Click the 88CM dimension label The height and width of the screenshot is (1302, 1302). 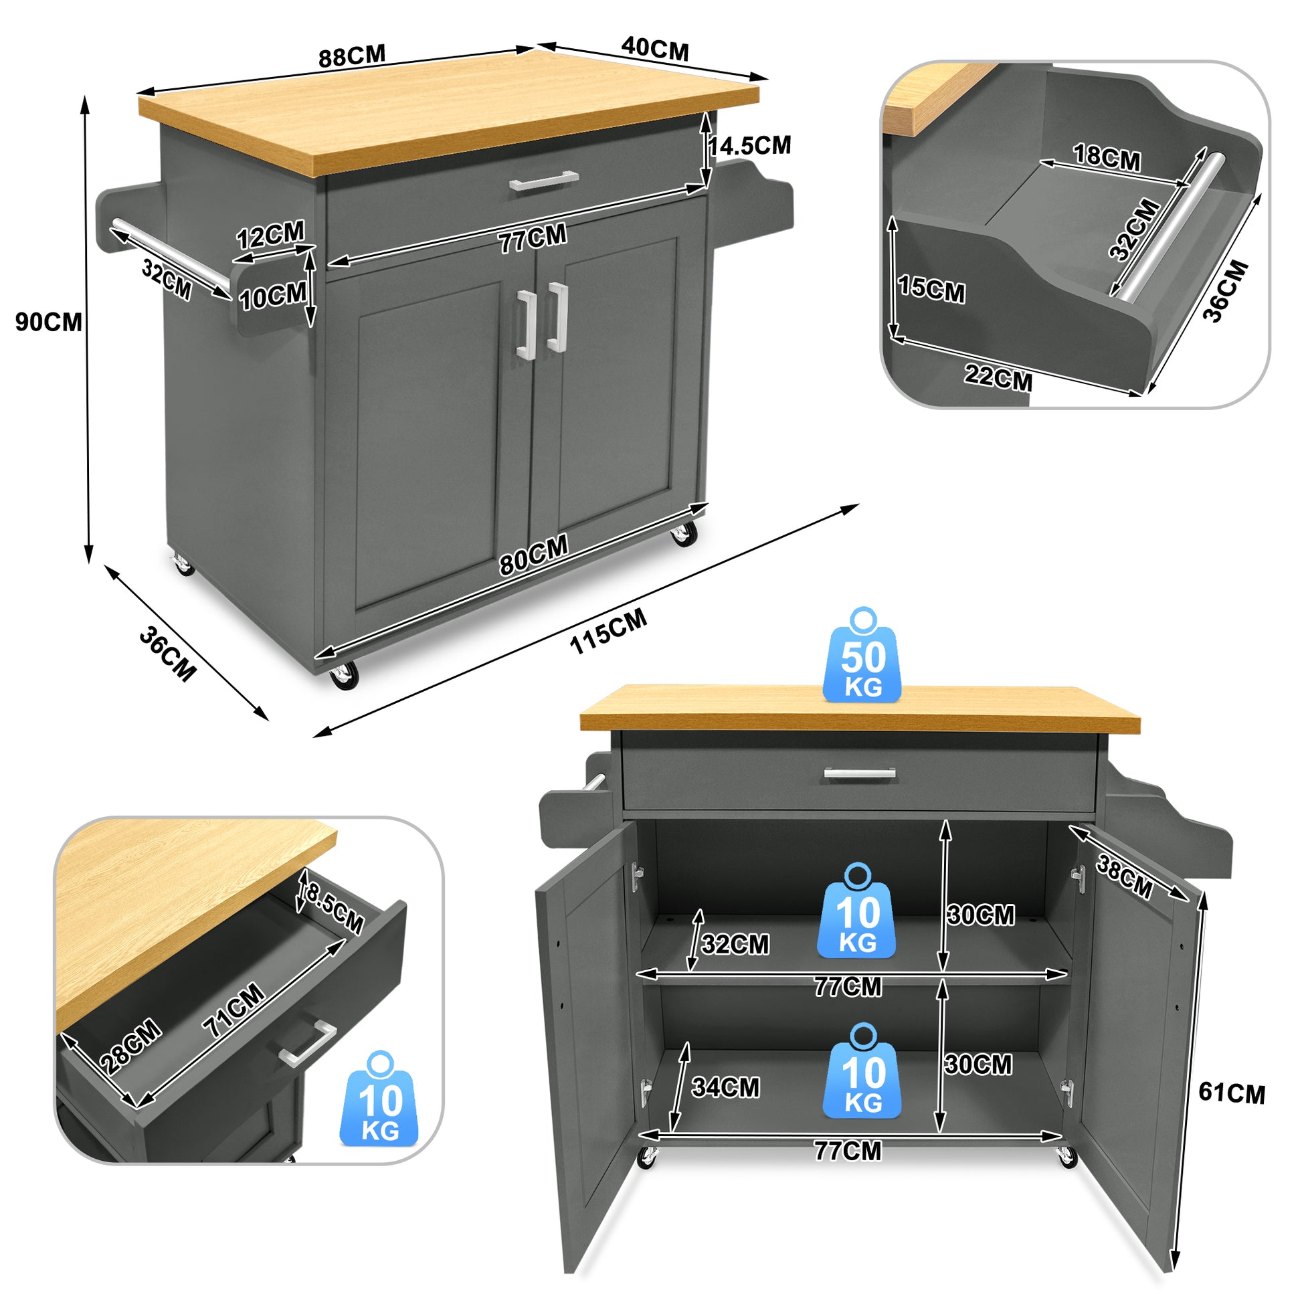click(352, 56)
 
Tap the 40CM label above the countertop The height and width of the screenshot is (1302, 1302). click(655, 50)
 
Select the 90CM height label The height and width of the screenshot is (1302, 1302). click(49, 322)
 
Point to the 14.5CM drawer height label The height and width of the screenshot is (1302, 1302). click(749, 146)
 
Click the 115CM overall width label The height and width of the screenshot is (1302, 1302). click(608, 631)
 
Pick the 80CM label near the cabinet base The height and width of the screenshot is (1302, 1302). click(534, 555)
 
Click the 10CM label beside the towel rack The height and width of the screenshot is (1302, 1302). click(273, 296)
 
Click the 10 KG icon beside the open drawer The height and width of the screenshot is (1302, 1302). click(380, 1099)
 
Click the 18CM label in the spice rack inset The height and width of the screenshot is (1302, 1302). click(1107, 158)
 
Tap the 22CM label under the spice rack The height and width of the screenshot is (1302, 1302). click(998, 377)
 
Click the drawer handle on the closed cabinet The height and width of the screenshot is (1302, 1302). click(544, 181)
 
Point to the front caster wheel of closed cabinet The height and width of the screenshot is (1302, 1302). click(344, 674)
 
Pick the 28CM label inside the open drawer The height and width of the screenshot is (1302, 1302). click(130, 1046)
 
